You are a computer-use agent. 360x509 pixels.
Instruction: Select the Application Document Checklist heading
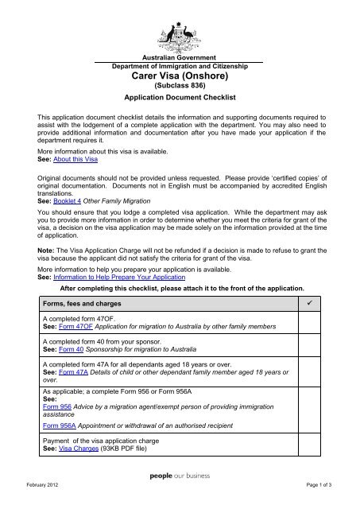pos(180,103)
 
